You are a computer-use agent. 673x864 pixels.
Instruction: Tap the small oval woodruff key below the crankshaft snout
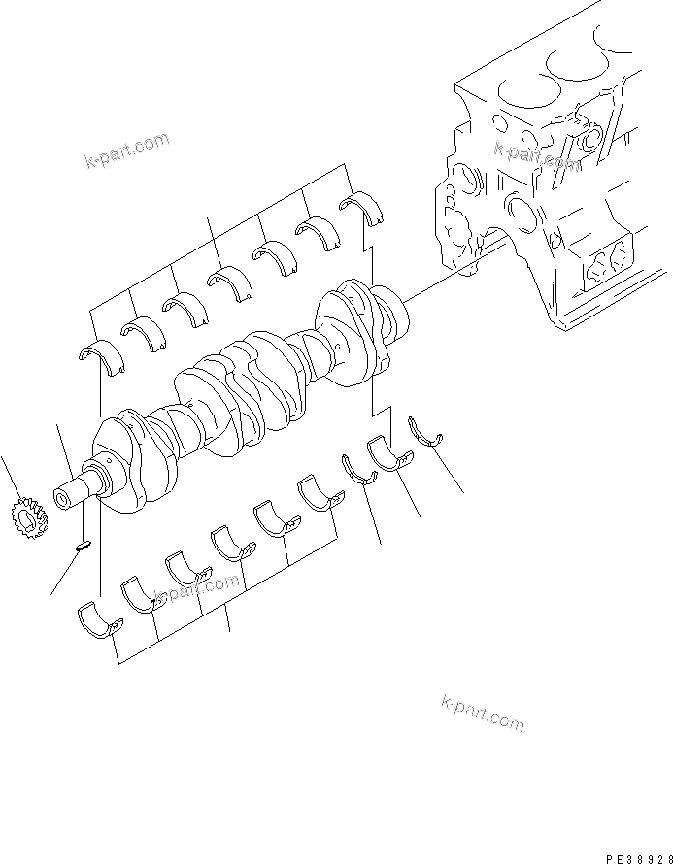[x=84, y=546]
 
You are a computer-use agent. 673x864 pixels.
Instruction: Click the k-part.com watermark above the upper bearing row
[x=126, y=150]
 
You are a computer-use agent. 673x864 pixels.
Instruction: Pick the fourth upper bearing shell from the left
[x=228, y=282]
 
